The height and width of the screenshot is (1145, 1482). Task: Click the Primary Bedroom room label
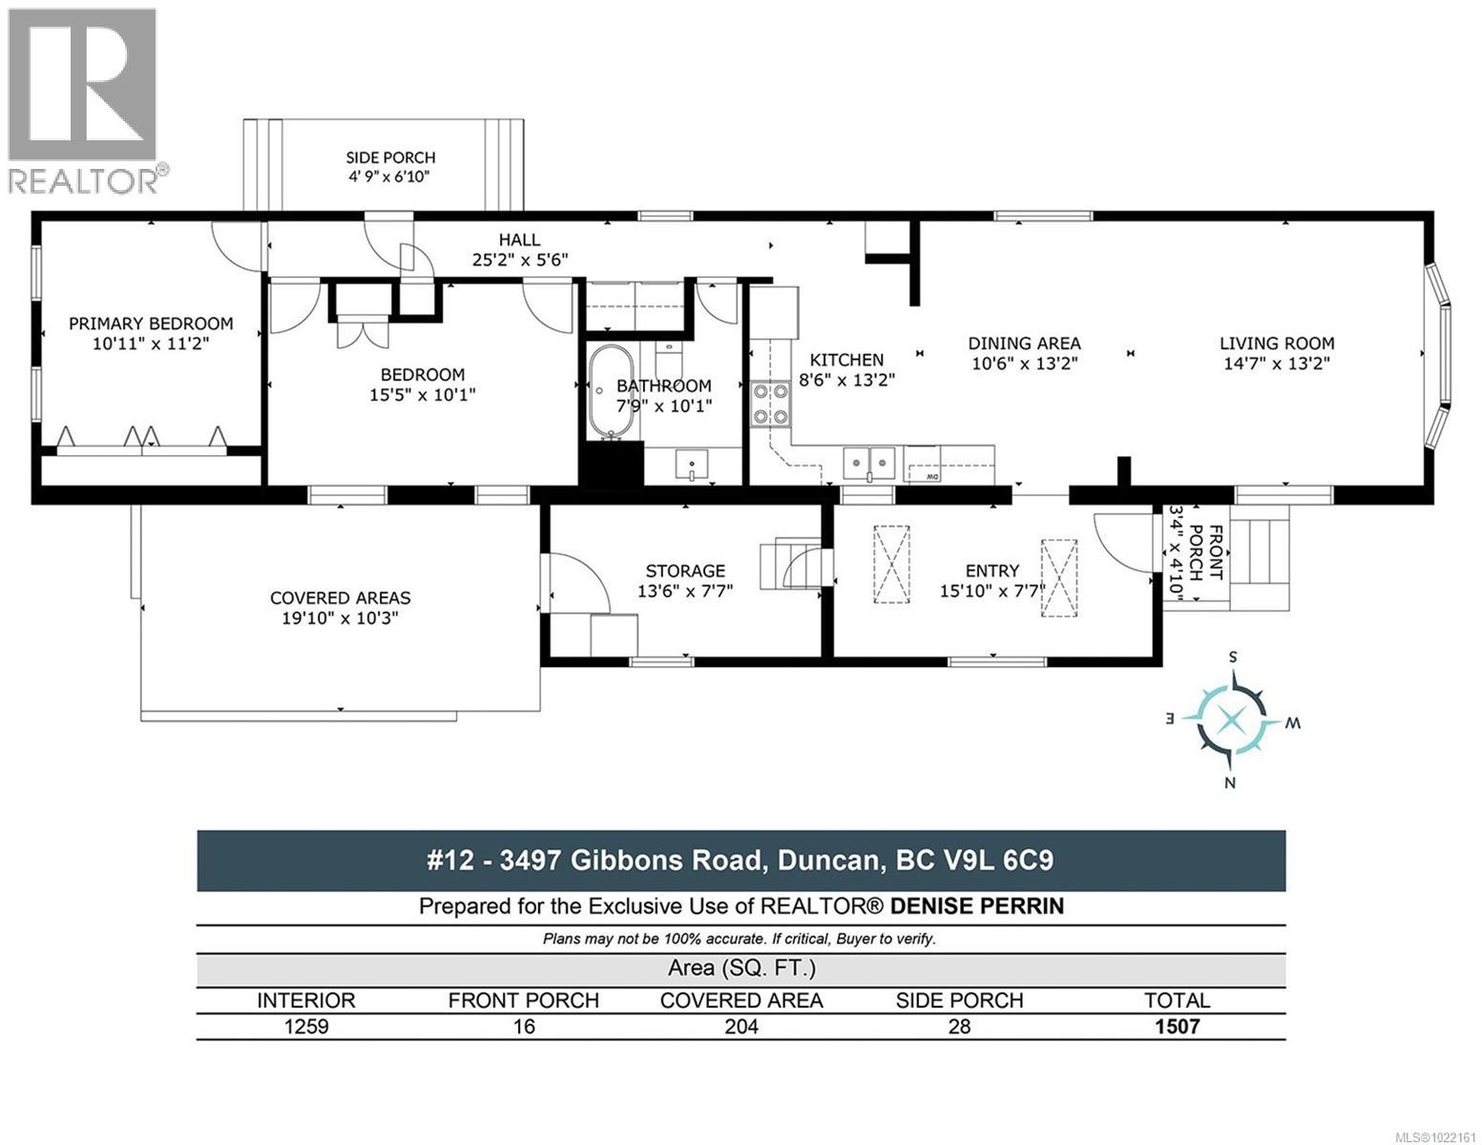click(x=151, y=323)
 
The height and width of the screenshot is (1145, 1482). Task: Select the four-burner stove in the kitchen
click(x=771, y=403)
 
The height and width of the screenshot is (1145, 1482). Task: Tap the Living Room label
click(x=1277, y=343)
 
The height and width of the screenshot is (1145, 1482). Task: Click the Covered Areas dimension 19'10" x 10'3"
click(x=341, y=617)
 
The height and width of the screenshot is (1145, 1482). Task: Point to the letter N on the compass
click(x=1230, y=783)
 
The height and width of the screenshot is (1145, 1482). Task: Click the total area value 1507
click(x=1177, y=1027)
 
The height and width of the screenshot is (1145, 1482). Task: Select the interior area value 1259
click(x=305, y=1027)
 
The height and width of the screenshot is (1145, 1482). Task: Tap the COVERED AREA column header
click(x=741, y=1000)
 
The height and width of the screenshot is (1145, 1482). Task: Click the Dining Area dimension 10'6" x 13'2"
click(x=1024, y=364)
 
